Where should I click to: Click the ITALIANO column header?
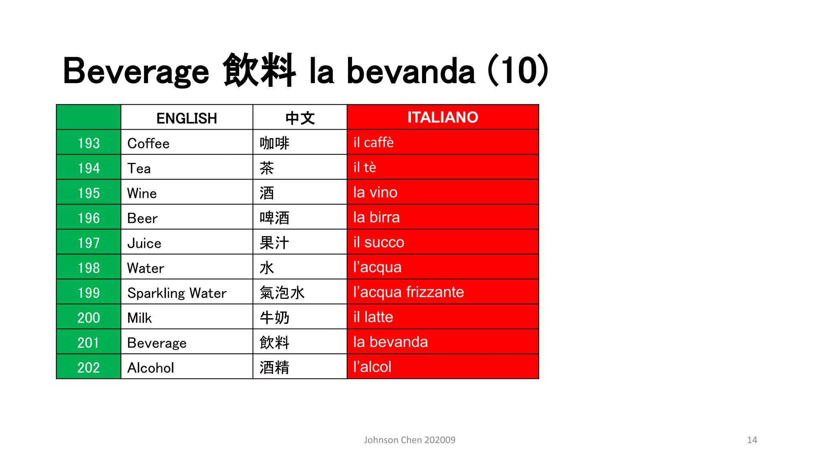coord(442,117)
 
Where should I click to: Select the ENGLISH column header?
coord(187,118)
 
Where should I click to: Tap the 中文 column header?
coord(300,118)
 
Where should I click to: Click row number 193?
coord(88,143)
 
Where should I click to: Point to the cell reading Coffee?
coord(149,143)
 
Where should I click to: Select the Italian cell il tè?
coord(365,168)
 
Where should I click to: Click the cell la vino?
coord(375,192)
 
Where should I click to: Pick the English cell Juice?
coord(144,243)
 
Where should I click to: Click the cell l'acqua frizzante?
coord(408,292)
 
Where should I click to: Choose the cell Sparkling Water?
coord(177,293)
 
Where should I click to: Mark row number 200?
coord(88,318)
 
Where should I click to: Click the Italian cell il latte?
coord(373,317)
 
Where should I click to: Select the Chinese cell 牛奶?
coord(274,318)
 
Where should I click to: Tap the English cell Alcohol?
coord(151,368)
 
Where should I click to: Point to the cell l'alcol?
coord(372,367)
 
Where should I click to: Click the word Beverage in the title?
coord(136,71)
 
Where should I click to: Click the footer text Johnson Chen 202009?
coord(410,440)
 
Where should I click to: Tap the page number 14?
coord(752,440)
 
